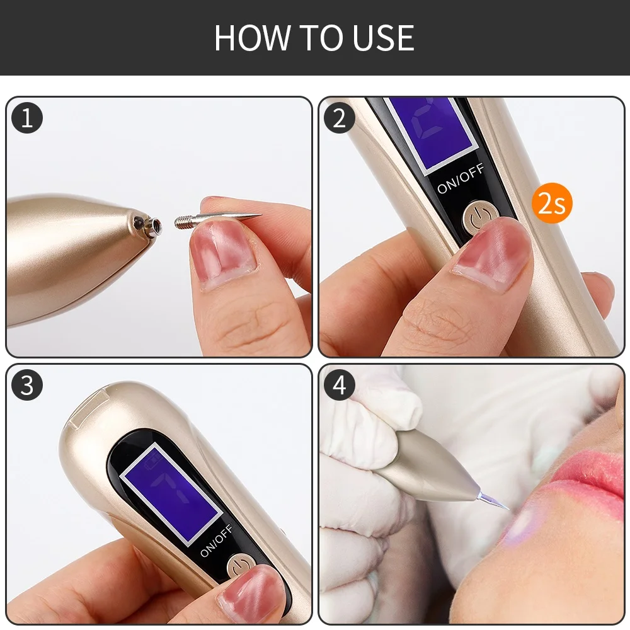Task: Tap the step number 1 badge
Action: (x=27, y=118)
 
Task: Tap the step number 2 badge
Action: (x=340, y=118)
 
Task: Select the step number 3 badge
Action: (x=27, y=385)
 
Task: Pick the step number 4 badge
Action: (x=340, y=385)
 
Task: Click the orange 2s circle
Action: (x=552, y=203)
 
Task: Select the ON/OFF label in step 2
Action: (x=461, y=178)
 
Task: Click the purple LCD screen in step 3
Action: (x=172, y=493)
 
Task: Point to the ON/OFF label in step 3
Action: (x=216, y=541)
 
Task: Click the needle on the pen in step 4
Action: (x=494, y=500)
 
